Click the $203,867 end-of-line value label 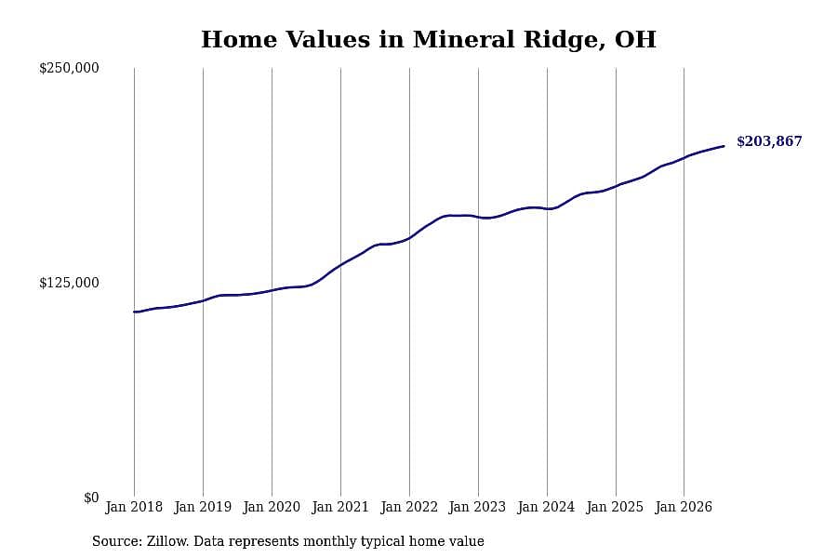(x=769, y=141)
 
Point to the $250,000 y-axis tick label (x=69, y=68)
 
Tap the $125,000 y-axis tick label (x=69, y=283)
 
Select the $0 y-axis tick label (x=91, y=498)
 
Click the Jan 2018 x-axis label (x=134, y=507)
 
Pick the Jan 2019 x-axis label (x=203, y=507)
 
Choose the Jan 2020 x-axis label (x=272, y=507)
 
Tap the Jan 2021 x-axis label (x=340, y=507)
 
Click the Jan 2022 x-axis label (x=409, y=507)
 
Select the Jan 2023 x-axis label (x=477, y=507)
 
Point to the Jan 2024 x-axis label (x=546, y=507)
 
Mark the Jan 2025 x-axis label (x=615, y=507)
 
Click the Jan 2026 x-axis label (x=684, y=507)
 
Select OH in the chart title (x=635, y=39)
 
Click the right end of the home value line (x=724, y=146)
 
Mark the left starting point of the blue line (x=135, y=312)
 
